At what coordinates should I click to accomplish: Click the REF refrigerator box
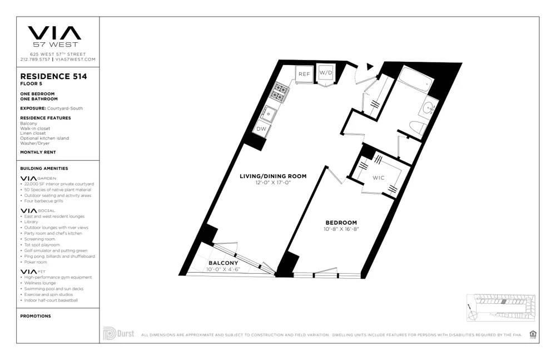(x=304, y=74)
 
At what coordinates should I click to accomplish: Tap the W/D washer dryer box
(x=326, y=73)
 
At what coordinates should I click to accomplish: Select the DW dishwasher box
(x=261, y=129)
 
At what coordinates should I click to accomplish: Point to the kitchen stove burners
(x=280, y=92)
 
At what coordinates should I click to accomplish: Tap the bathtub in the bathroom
(x=415, y=81)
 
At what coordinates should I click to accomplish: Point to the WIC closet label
(x=379, y=178)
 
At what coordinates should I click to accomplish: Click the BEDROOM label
(x=341, y=223)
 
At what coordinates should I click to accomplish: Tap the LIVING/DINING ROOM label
(x=273, y=176)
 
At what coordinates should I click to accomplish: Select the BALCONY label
(x=223, y=263)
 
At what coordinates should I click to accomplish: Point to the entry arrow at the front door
(x=370, y=67)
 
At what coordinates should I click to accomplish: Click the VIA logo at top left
(x=54, y=34)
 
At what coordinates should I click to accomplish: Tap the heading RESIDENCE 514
(x=53, y=76)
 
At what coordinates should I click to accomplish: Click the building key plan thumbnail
(x=500, y=307)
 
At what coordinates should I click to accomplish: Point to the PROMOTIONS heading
(x=36, y=316)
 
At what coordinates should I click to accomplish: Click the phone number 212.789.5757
(x=36, y=59)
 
